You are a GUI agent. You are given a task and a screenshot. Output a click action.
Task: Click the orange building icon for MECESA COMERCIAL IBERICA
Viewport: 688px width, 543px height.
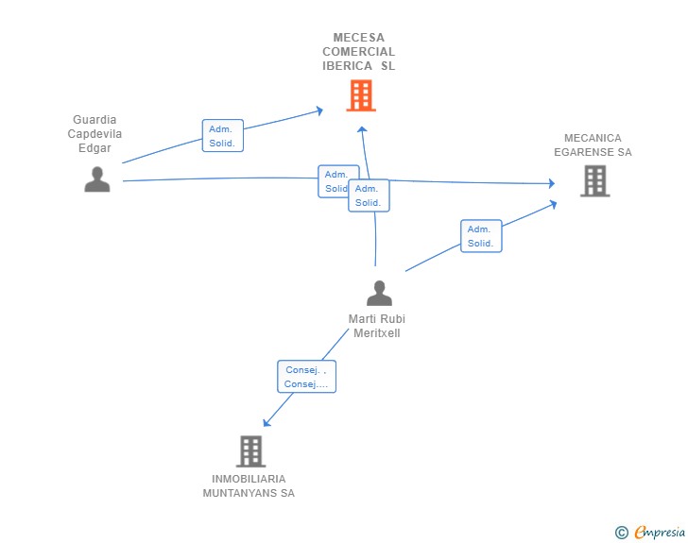(360, 95)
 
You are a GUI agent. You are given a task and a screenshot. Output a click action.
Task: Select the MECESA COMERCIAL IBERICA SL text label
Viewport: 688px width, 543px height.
(358, 52)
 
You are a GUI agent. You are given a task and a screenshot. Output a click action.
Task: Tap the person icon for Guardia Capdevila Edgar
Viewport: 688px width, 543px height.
(97, 179)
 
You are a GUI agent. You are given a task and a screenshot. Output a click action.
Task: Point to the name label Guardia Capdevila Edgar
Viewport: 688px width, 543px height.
(95, 134)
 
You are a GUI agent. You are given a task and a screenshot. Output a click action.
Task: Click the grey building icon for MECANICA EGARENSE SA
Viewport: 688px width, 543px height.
(594, 180)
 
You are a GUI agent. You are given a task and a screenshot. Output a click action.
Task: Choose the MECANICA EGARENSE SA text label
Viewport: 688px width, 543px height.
(593, 144)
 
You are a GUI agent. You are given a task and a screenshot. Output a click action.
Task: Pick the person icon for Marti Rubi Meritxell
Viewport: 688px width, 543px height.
(379, 294)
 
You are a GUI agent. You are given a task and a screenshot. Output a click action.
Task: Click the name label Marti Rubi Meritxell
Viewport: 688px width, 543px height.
(377, 326)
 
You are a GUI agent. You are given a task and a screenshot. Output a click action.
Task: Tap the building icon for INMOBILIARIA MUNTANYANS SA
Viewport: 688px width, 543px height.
(250, 451)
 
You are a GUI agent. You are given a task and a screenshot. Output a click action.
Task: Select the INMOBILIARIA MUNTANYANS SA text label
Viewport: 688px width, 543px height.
(249, 486)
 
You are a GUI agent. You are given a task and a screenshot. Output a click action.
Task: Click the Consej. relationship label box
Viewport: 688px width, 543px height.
(306, 377)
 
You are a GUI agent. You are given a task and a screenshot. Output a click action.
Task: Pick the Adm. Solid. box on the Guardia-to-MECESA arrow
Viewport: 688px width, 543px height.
(223, 136)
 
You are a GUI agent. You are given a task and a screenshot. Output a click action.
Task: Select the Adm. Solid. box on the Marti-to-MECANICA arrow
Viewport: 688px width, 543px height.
(481, 236)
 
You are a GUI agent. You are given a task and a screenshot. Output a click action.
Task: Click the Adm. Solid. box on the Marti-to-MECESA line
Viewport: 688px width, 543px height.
(369, 195)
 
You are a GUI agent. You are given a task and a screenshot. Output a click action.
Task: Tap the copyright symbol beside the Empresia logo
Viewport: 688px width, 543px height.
(621, 533)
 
